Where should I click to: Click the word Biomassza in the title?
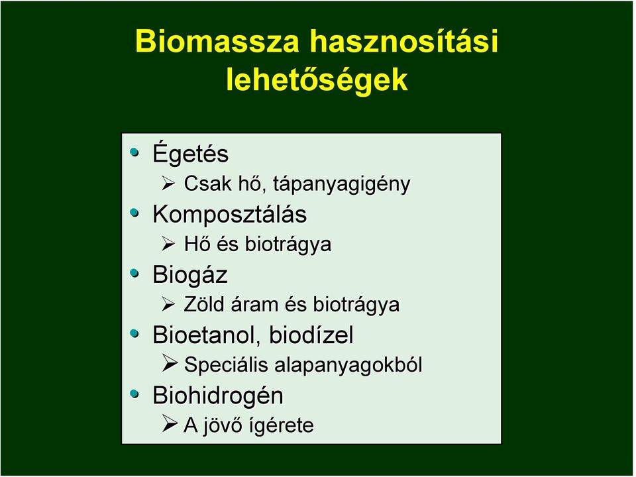point(217,41)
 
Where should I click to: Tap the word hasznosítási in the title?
point(404,40)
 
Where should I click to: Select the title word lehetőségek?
point(317,79)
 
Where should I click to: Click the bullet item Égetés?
point(191,153)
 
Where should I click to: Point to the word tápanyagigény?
point(342,184)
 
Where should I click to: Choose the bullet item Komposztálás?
point(230,214)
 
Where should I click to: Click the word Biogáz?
point(190,274)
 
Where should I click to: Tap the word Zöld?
point(204,304)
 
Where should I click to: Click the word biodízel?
point(311,335)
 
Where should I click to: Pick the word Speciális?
point(226,364)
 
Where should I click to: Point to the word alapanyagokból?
point(348,364)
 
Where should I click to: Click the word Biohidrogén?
point(218,396)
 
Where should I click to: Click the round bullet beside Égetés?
point(134,152)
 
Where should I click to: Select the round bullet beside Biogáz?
point(134,274)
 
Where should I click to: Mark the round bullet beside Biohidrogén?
point(134,394)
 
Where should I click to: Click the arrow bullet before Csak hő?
point(168,184)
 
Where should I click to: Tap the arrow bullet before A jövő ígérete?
point(169,423)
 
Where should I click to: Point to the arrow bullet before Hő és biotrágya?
point(168,244)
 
